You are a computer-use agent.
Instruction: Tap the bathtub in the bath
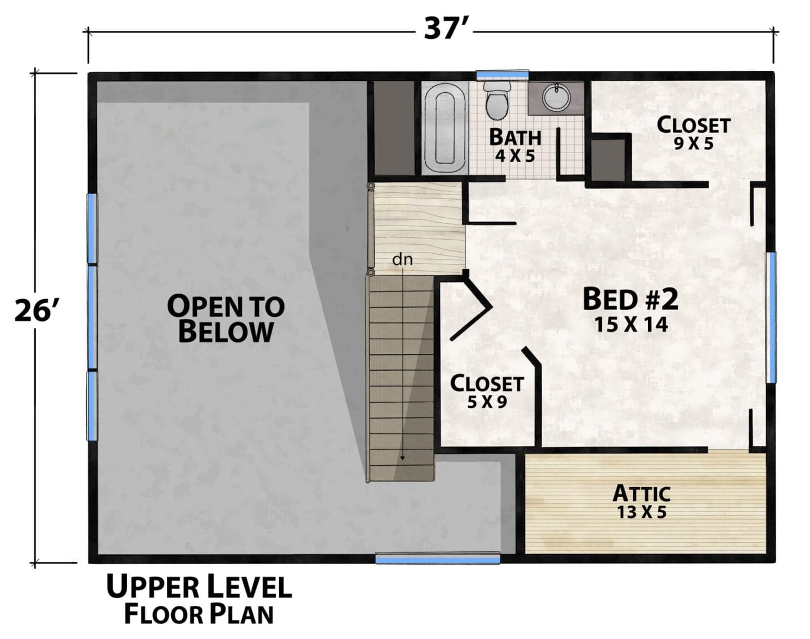444,128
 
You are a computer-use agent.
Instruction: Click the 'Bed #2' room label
631,299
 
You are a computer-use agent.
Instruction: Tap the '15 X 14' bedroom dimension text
631,325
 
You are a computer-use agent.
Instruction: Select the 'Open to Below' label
226,318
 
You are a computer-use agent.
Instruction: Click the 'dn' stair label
402,259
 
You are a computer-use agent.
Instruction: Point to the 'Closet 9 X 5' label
694,133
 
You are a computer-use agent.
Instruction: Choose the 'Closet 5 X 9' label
487,391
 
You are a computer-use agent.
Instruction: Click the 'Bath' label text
515,137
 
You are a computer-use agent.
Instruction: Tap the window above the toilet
502,75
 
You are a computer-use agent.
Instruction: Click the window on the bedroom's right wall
771,317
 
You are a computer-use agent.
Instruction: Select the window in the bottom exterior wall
438,558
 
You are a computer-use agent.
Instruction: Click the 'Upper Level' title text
199,586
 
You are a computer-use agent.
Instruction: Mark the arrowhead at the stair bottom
402,458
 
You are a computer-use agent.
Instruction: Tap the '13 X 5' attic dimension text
642,512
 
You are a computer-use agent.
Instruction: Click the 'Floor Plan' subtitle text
199,614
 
